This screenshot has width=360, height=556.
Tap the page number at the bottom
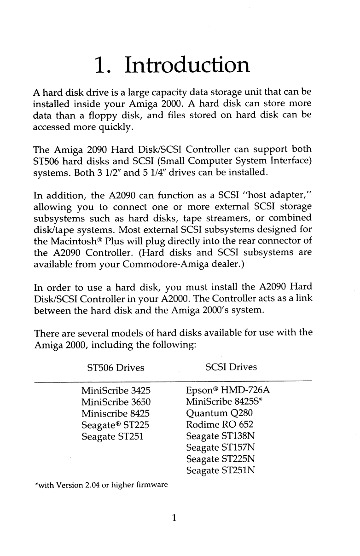click(x=173, y=518)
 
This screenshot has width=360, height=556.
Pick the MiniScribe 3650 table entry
click(x=116, y=402)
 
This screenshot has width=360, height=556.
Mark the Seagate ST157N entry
click(x=221, y=446)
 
